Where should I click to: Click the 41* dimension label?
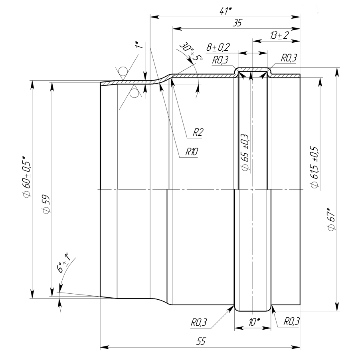[x=225, y=11]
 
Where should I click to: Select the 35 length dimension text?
[x=237, y=23]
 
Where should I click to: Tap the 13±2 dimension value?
[x=279, y=36]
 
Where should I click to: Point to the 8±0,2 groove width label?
[x=218, y=47]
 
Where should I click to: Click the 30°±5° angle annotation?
[x=191, y=52]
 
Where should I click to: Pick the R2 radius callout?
[x=198, y=132]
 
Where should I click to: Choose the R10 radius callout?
[x=192, y=152]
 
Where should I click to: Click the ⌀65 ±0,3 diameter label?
[x=245, y=152]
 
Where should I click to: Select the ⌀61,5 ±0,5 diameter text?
[x=315, y=167]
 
